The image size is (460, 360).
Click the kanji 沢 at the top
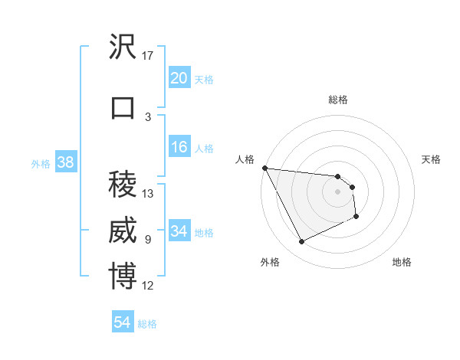[x=123, y=48]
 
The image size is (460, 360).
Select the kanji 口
[x=123, y=108]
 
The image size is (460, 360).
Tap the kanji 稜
[x=123, y=184]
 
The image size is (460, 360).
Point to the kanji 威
[x=123, y=231]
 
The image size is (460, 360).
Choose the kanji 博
[x=123, y=277]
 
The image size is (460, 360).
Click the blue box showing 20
[x=179, y=78]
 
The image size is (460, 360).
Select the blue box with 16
[x=179, y=147]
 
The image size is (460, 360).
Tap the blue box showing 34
[x=179, y=231]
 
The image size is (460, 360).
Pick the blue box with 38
[x=65, y=162]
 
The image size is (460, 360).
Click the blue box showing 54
[x=122, y=322]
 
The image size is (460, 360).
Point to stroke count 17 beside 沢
[x=148, y=56]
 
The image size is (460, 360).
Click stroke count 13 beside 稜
[x=148, y=193]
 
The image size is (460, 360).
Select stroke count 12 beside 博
[x=148, y=286]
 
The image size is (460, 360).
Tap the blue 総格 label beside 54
[x=147, y=324]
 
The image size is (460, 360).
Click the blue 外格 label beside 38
[x=41, y=163]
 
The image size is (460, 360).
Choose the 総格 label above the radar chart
[x=338, y=100]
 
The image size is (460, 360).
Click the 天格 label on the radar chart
[x=432, y=159]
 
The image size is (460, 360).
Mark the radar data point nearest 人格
[x=264, y=168]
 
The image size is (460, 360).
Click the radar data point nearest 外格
[x=301, y=242]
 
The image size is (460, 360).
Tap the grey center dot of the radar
[x=338, y=191]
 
